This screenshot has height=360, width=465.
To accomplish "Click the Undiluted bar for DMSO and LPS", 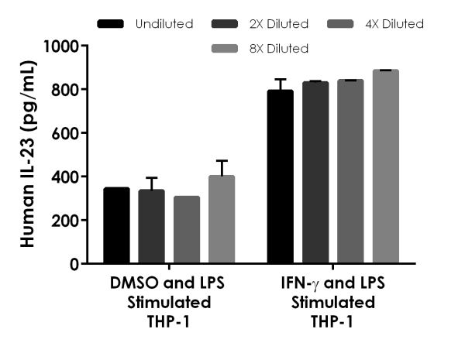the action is pos(116,225).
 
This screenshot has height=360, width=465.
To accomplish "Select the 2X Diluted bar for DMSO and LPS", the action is pos(152,226).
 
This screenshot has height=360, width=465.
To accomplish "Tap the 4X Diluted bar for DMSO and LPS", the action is pos(187,230).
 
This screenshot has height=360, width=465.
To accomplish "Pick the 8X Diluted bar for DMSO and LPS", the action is pos(222,219).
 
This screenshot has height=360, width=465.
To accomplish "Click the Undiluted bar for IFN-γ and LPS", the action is pos(281,177).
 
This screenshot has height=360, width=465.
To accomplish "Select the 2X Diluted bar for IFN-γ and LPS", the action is pos(315,173).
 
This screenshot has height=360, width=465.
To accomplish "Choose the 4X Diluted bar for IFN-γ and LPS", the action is pos(350,171).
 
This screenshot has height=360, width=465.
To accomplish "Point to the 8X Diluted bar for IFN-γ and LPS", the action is pos(386,166).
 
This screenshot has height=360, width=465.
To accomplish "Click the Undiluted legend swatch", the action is pos(110,24).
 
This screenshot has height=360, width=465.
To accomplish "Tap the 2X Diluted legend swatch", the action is pos(225,24).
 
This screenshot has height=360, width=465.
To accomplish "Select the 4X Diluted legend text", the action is pos(394,24).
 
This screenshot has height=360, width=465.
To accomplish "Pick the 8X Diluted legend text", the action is pos(279,49).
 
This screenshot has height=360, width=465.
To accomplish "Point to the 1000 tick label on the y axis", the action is pos(61,46).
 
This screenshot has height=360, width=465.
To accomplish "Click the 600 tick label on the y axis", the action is pos(65,134).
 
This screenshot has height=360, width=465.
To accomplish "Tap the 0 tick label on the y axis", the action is pos(74,264).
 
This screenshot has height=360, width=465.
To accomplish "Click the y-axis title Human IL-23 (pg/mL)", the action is pos(28,154).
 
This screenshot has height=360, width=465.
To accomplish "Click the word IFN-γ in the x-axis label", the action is pos(300,283).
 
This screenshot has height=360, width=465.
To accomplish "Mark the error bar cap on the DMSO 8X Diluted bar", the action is pos(222,160).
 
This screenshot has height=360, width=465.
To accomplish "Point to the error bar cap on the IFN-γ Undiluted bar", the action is pos(281,80).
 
